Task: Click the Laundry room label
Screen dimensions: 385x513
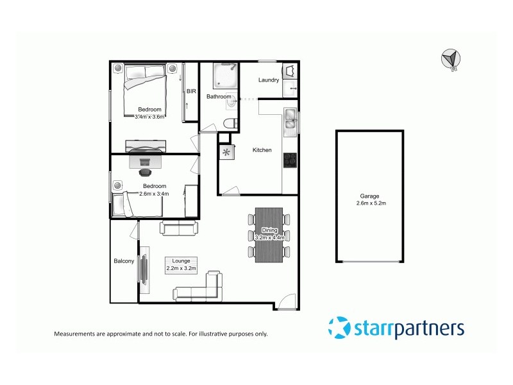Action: point(268,80)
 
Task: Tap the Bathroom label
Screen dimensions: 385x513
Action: point(218,97)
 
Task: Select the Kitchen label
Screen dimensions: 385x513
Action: point(262,150)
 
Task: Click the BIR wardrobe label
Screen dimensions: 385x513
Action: point(190,92)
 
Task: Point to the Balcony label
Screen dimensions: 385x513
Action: point(124,261)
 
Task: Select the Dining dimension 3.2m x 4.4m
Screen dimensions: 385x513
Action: point(269,237)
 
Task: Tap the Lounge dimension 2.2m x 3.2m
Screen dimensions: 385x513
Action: point(181,268)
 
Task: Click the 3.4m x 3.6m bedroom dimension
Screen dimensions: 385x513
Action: point(150,117)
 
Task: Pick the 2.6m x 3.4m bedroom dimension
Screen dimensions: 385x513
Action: point(155,193)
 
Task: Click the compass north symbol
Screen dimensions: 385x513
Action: point(451,58)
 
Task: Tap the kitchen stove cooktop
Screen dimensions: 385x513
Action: point(290,160)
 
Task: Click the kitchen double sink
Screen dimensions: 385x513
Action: point(290,120)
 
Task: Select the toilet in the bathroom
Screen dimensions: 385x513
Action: point(230,123)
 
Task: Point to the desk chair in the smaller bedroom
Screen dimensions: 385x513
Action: point(146,171)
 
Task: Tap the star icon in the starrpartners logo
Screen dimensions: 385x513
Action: point(339,329)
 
